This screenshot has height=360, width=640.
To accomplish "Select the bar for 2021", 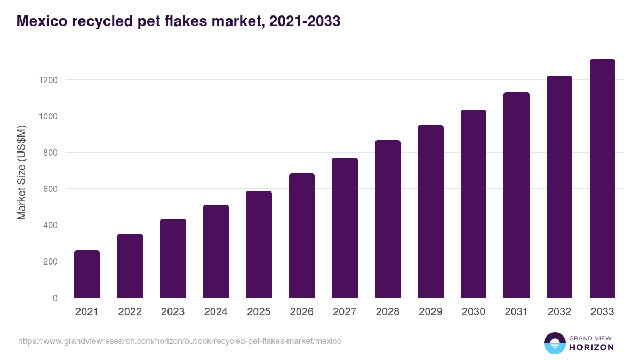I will point(87,274).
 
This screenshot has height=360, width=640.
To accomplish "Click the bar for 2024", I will point(216,251).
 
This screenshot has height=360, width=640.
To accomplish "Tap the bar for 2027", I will point(345,228).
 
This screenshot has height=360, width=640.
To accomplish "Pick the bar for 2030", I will point(474,204).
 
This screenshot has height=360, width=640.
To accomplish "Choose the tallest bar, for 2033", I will point(603,178).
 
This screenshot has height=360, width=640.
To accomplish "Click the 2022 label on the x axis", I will point(130,312).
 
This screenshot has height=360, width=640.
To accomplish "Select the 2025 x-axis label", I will point(259,312).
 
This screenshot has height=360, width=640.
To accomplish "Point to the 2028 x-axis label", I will point(388,312).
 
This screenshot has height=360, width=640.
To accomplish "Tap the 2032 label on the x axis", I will point(559,312).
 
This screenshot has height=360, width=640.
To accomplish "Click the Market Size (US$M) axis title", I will point(22,172).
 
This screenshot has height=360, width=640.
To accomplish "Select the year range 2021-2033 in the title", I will point(306,21).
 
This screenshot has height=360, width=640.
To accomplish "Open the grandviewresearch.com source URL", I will point(180,341).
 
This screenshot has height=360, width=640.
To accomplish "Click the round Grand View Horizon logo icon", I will point(555,343).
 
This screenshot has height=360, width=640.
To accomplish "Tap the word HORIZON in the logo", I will point(592,347).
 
